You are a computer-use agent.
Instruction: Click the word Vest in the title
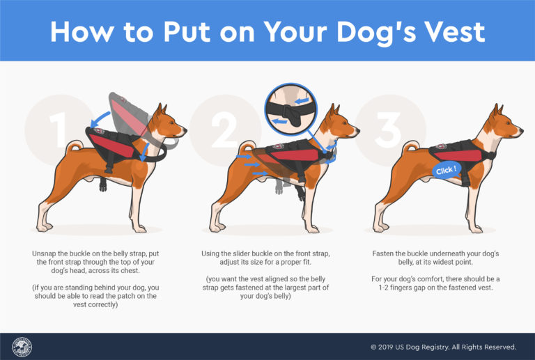point(446,32)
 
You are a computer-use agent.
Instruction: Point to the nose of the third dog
point(520,130)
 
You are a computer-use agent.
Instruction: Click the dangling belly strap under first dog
point(103,183)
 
